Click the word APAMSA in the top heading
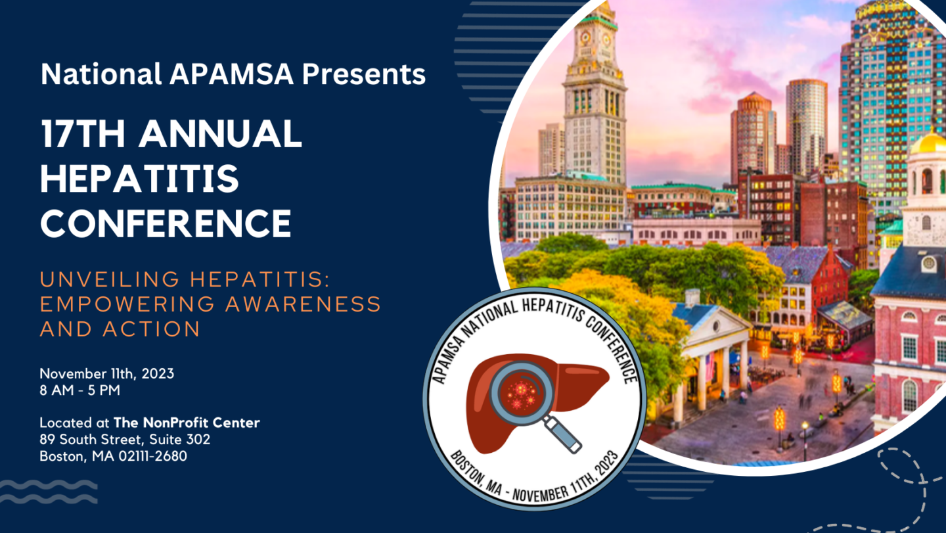[x=231, y=74]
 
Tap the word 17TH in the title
[x=83, y=133]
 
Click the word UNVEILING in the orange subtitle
[x=110, y=279]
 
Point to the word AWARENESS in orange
[x=304, y=304]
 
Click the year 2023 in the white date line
[x=158, y=374]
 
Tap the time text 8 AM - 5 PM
[x=80, y=390]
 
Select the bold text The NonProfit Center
[x=187, y=423]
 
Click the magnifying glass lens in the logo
[x=522, y=393]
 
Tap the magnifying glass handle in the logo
[x=564, y=435]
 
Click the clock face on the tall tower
[x=585, y=37]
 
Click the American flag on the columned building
[x=710, y=366]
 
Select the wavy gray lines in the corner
[x=49, y=492]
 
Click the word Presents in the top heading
[x=364, y=74]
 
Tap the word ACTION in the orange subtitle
[x=151, y=329]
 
